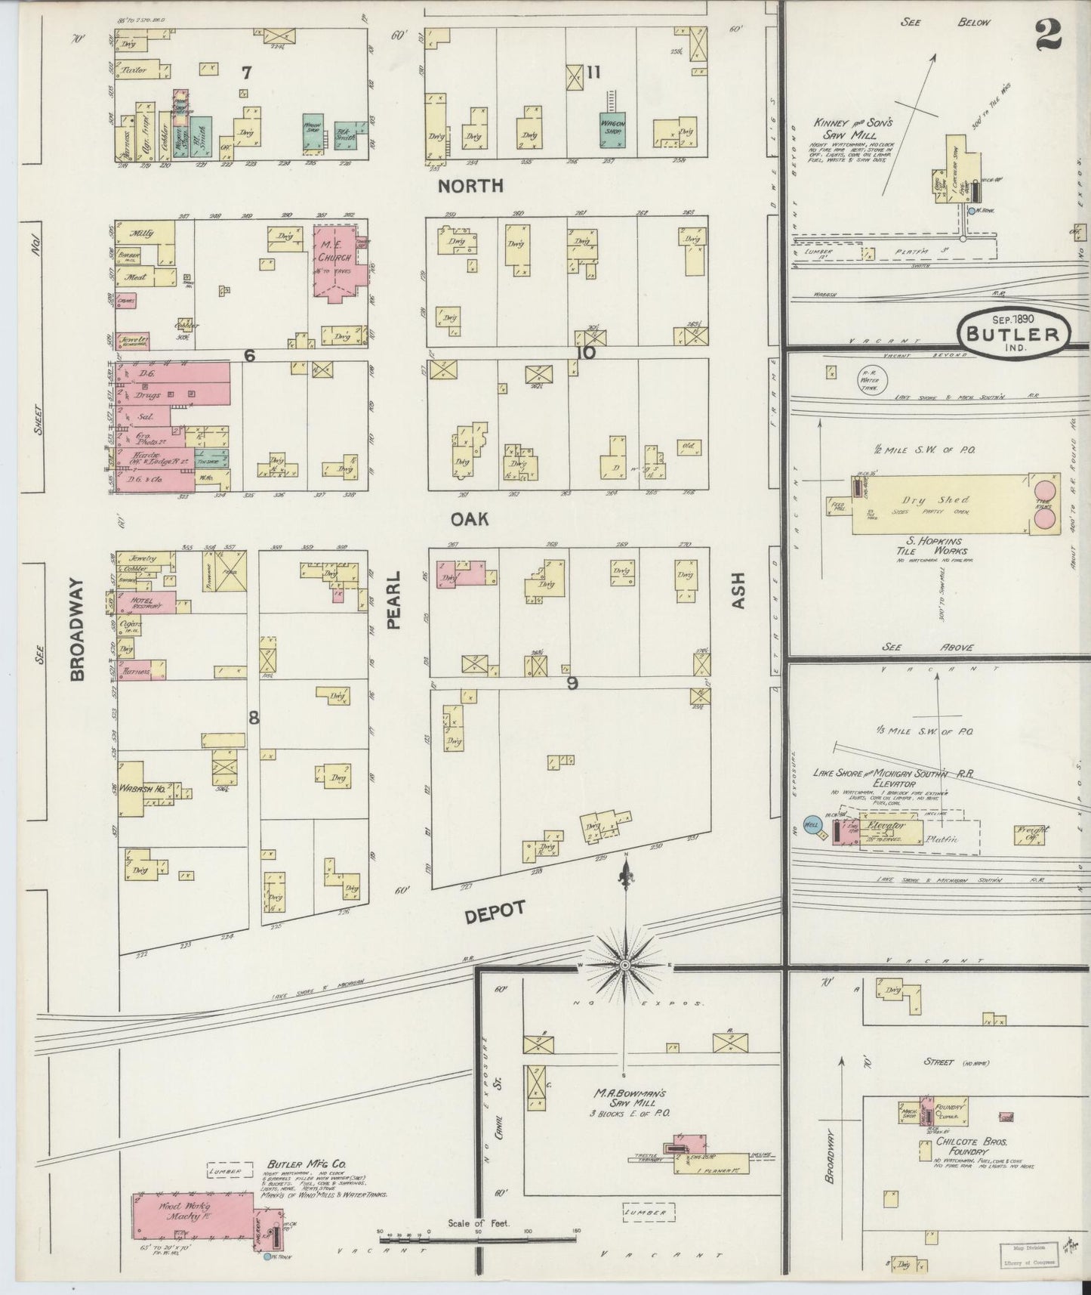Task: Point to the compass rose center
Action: click(625, 966)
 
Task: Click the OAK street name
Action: click(470, 518)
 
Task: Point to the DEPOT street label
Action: click(495, 912)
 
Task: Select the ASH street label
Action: click(738, 591)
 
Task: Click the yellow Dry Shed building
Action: click(940, 504)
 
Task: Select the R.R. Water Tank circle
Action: click(871, 379)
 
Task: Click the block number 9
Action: click(572, 682)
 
